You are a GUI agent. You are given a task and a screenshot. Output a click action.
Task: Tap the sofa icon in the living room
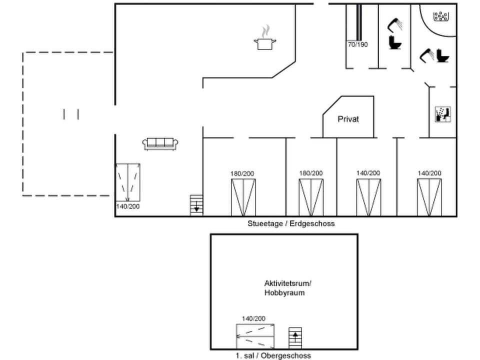[160, 144]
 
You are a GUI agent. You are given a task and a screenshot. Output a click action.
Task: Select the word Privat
[348, 119]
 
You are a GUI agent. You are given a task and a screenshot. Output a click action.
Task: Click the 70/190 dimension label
[357, 44]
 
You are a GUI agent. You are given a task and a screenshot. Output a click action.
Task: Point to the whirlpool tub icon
[440, 17]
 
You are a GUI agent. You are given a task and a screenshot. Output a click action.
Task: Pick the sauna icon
[443, 114]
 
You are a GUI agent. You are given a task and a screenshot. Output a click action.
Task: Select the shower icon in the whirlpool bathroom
[426, 54]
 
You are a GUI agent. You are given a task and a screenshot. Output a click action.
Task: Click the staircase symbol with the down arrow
[196, 205]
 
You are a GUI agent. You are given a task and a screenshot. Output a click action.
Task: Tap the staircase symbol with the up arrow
[295, 338]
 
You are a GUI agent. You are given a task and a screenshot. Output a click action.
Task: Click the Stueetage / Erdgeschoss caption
[291, 223]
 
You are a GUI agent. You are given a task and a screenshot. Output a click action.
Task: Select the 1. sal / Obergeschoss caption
[273, 355]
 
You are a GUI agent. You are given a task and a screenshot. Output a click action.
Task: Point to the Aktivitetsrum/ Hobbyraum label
[284, 288]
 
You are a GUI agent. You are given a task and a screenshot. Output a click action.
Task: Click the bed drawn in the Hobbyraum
[255, 336]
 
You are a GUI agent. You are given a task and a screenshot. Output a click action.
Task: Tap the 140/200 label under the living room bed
[128, 206]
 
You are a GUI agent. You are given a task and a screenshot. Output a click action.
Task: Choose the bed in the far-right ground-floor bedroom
[429, 197]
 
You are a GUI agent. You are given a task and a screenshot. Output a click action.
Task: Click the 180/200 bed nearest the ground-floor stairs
[243, 197]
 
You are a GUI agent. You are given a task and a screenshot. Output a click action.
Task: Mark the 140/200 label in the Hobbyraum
[253, 318]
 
